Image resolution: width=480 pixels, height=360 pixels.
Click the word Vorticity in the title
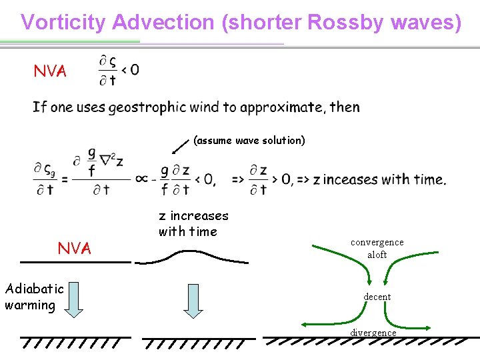point(63,22)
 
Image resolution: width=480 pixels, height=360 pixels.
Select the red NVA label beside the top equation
point(51,71)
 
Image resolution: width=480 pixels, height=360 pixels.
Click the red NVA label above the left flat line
point(74,249)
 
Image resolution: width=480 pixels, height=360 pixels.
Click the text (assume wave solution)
point(249,140)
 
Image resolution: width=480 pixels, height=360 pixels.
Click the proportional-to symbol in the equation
point(141,179)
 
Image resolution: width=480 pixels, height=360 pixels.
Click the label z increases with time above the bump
point(193,223)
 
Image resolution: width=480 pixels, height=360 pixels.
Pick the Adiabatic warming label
point(34,297)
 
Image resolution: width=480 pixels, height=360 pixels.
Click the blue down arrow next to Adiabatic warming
point(74,299)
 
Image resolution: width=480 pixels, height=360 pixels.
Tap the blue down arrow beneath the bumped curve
point(193,301)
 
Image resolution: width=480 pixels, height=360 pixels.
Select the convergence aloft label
point(377,248)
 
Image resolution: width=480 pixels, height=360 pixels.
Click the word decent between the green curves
point(377,296)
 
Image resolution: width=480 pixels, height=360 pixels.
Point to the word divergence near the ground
point(373,332)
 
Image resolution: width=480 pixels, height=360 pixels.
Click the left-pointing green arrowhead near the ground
point(306,325)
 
